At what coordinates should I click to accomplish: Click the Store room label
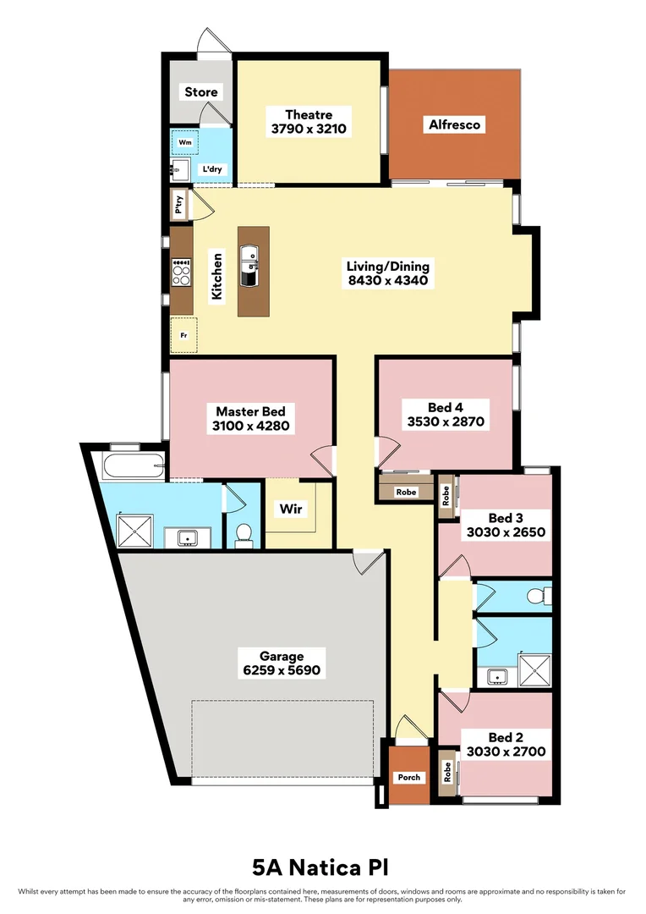(201, 91)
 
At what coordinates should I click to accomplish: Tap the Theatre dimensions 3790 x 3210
(309, 129)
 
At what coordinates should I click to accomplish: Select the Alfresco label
(454, 124)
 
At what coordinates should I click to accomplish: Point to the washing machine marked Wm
(185, 142)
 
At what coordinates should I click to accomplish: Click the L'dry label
(212, 169)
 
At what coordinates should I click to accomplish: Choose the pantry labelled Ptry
(178, 205)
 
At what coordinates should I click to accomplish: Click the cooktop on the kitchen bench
(181, 272)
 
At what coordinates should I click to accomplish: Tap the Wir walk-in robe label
(291, 509)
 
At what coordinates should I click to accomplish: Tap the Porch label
(408, 777)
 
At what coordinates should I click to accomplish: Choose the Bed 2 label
(506, 735)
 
